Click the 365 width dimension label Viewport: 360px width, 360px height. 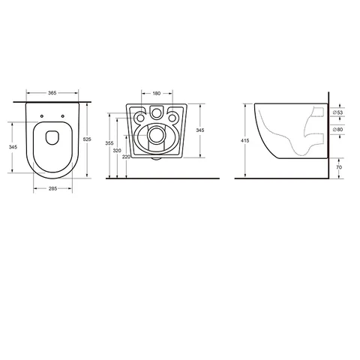pyautogui.click(x=52, y=93)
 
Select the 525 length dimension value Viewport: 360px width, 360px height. pyautogui.click(x=87, y=139)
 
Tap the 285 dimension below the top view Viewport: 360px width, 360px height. pyautogui.click(x=52, y=189)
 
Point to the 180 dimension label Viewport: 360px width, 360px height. pyautogui.click(x=157, y=94)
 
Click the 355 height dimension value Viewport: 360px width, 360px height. pyautogui.click(x=109, y=143)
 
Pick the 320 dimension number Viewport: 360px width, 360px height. pyautogui.click(x=117, y=151)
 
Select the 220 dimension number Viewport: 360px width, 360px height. pyautogui.click(x=126, y=157)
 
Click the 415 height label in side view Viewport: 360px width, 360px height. pyautogui.click(x=244, y=141)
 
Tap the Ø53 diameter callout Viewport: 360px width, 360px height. pyautogui.click(x=337, y=112)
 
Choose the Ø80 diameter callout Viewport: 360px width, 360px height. pyautogui.click(x=337, y=130)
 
